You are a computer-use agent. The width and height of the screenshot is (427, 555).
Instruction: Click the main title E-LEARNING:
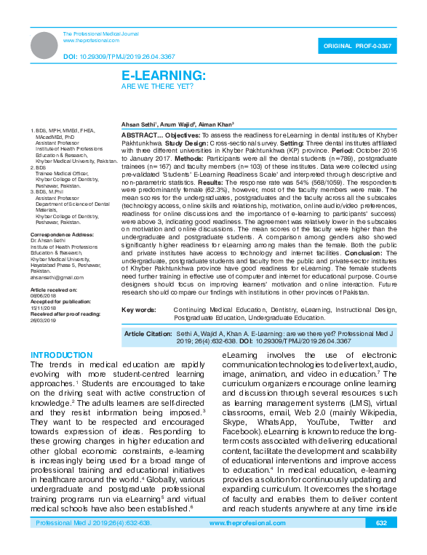pos(163,75)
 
